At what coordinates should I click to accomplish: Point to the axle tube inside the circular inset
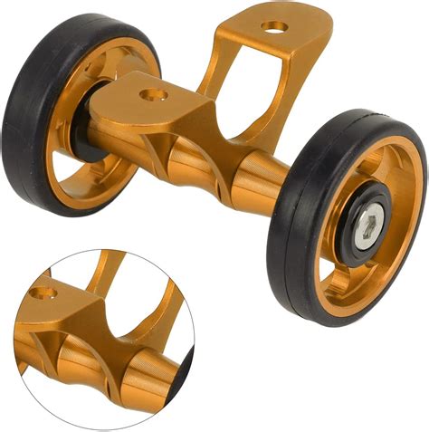91,371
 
